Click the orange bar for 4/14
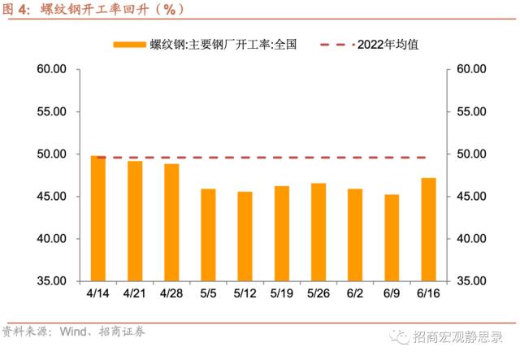[98, 218]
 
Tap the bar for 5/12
[245, 236]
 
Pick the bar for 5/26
[318, 232]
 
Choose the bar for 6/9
[392, 237]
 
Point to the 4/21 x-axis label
[135, 292]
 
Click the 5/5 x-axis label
[208, 292]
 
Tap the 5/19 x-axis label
[282, 292]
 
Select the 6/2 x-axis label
[355, 292]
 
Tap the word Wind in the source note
[71, 332]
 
